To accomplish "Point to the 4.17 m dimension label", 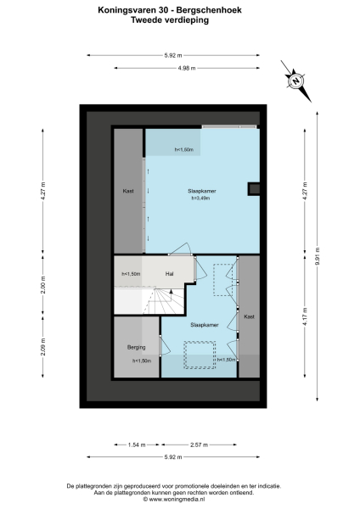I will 303,324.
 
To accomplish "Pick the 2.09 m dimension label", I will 43,347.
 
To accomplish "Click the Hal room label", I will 170,273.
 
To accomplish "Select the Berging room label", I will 137,348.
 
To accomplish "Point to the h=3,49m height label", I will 201,199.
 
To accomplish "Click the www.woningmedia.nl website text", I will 180,499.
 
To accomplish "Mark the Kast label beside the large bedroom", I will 128,191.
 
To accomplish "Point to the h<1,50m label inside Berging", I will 142,361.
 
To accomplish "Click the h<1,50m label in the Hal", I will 131,273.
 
